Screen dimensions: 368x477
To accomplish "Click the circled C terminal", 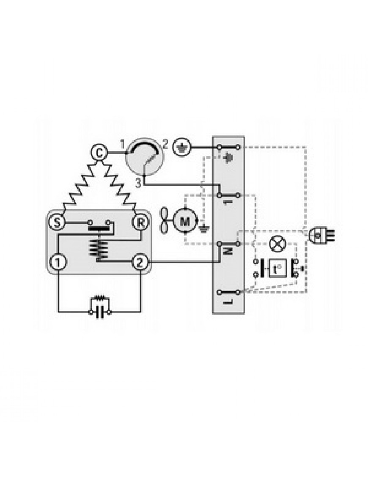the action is click(99, 153).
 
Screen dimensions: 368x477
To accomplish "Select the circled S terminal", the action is click(57, 222).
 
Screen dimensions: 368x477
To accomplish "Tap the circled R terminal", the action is click(140, 222).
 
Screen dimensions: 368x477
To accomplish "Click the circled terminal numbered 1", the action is click(58, 262).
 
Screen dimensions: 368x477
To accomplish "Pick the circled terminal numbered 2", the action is click(140, 262).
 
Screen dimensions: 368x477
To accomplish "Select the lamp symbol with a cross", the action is click(277, 244).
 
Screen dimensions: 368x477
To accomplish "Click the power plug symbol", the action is click(321, 235).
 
